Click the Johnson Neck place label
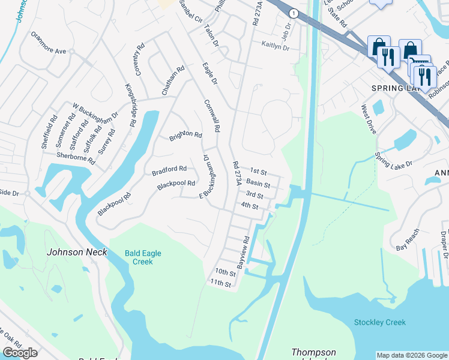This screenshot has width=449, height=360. coord(77,252)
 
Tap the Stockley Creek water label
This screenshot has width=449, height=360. coord(379,322)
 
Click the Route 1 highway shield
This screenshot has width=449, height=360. coord(293,13)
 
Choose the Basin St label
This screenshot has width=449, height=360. coord(258,184)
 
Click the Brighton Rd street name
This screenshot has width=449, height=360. coord(185,136)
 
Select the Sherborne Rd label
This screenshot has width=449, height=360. coord(76,158)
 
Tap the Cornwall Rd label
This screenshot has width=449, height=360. coord(211,116)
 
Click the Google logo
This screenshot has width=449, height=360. coord(20,353)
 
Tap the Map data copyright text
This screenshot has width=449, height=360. coord(411,355)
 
